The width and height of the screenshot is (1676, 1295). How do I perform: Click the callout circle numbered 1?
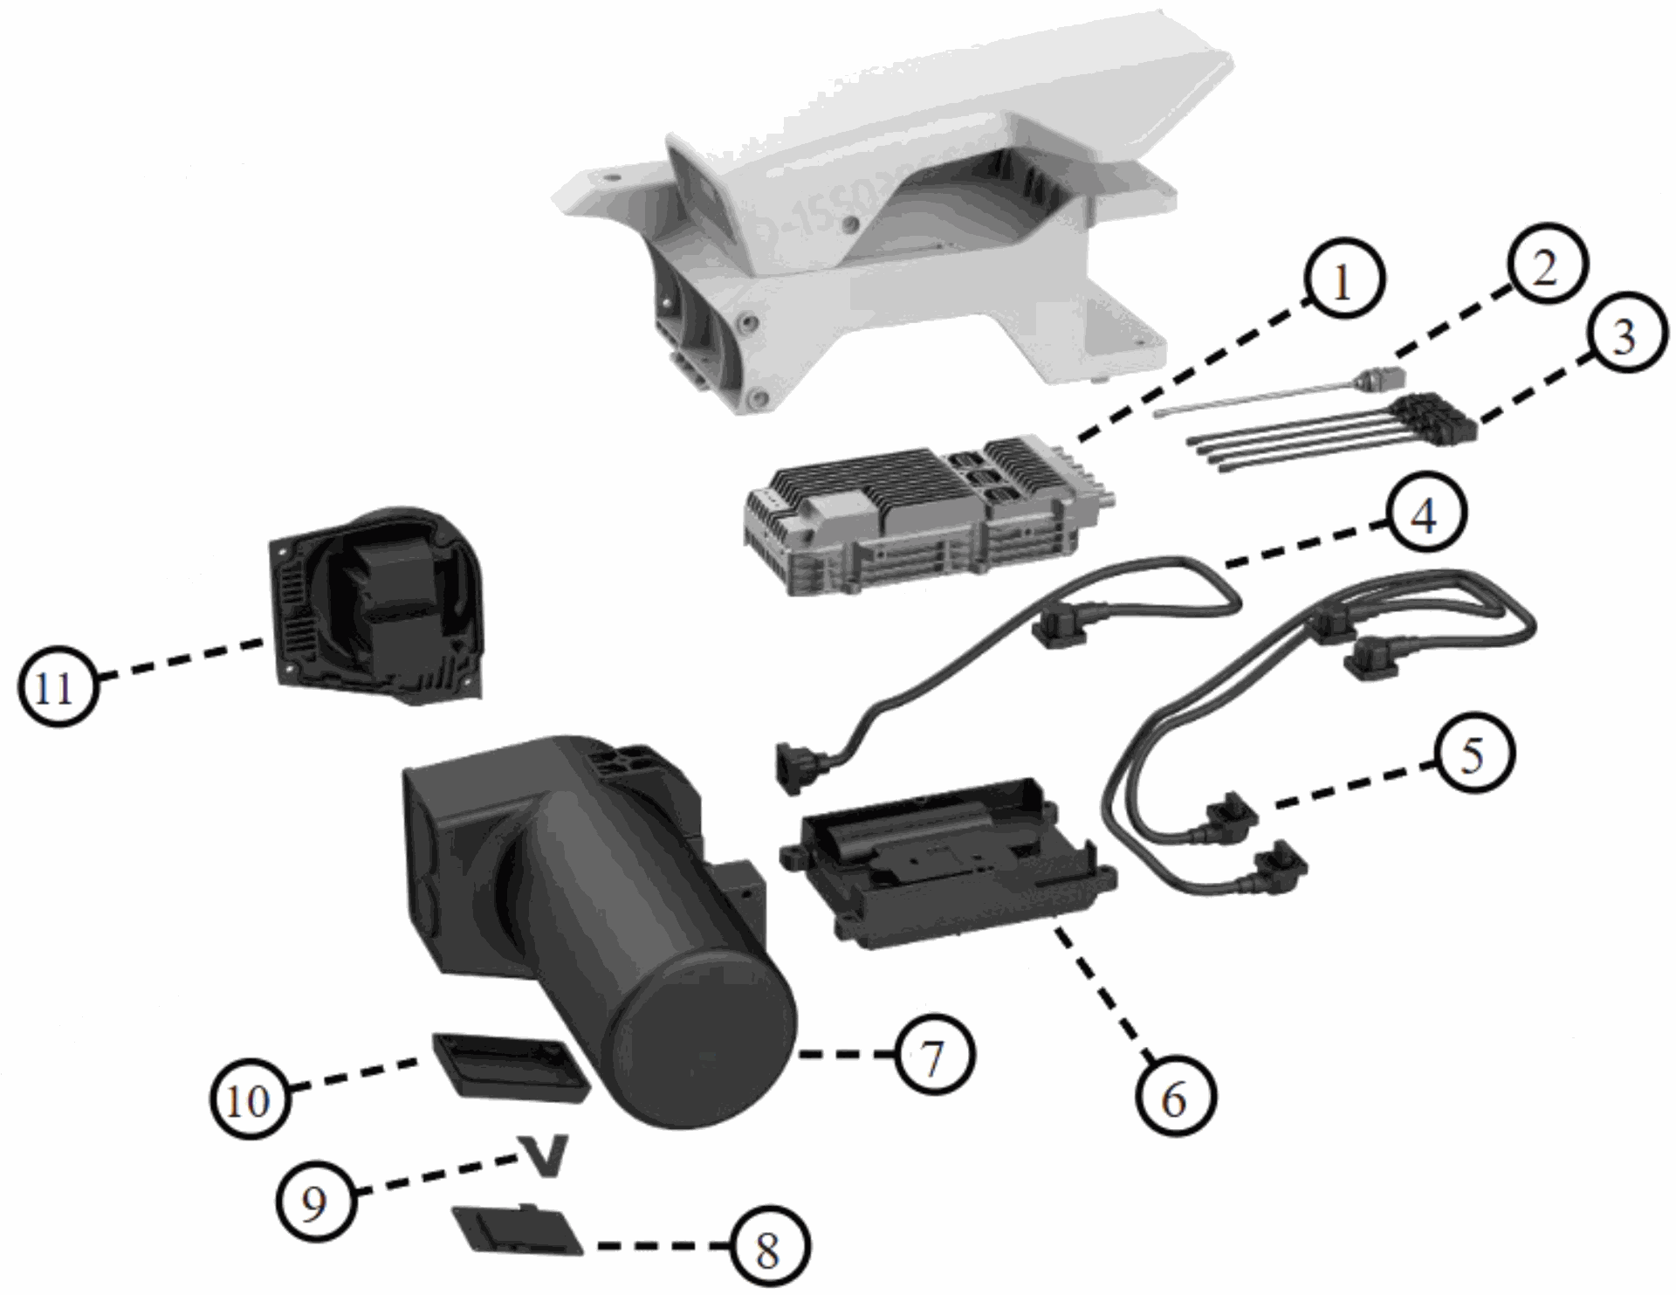click(x=1343, y=281)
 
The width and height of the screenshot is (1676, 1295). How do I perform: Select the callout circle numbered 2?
click(x=1545, y=266)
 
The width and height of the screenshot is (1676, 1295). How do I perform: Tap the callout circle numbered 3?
click(x=1624, y=336)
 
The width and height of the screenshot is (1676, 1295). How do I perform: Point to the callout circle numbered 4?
click(x=1423, y=517)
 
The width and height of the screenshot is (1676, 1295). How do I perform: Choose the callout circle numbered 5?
click(x=1473, y=753)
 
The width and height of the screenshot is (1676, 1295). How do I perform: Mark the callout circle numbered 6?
click(x=1175, y=1098)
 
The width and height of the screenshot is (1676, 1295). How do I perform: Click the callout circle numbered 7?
click(x=933, y=1057)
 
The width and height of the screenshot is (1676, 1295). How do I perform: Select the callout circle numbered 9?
click(x=314, y=1202)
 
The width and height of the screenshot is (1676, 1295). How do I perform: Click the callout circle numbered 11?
click(x=57, y=687)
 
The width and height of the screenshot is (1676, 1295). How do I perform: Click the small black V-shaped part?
click(x=543, y=1154)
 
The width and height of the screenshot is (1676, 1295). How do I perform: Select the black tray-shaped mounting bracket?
click(x=951, y=873)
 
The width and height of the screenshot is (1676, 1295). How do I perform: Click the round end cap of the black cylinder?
click(x=707, y=1048)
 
